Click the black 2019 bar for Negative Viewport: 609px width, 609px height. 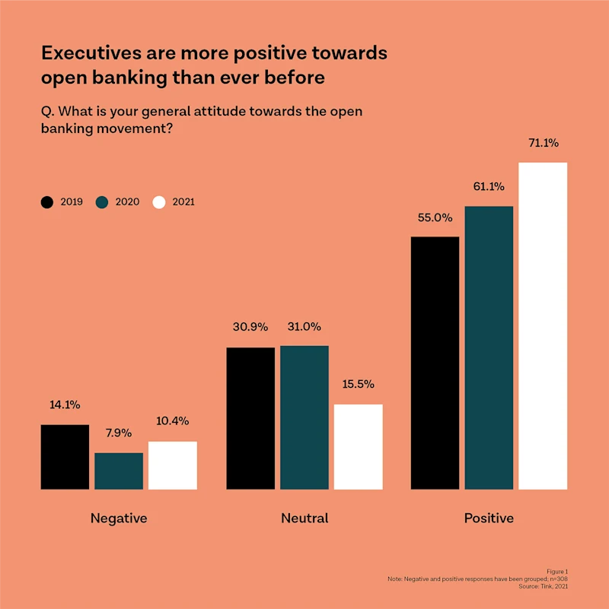click(65, 457)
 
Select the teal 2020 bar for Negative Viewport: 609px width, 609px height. click(119, 471)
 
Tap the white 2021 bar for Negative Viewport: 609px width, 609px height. click(173, 465)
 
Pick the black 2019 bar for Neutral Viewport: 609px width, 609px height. click(250, 418)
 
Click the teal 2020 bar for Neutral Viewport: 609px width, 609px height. click(304, 417)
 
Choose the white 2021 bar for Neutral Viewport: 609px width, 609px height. click(359, 446)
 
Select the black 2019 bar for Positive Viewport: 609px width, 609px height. click(435, 363)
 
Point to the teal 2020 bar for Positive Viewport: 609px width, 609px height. click(489, 347)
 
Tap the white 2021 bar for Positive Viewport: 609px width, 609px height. click(543, 325)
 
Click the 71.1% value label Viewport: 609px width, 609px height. click(543, 142)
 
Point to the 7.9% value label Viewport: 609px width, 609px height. click(119, 433)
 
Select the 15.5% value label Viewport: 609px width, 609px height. click(359, 384)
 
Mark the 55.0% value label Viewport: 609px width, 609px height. click(435, 217)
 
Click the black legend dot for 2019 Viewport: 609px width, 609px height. click(47, 202)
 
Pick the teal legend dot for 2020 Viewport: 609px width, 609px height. click(103, 202)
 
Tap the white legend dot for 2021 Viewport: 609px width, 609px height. click(159, 202)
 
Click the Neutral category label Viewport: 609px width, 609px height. click(304, 519)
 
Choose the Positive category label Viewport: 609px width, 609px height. click(489, 519)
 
